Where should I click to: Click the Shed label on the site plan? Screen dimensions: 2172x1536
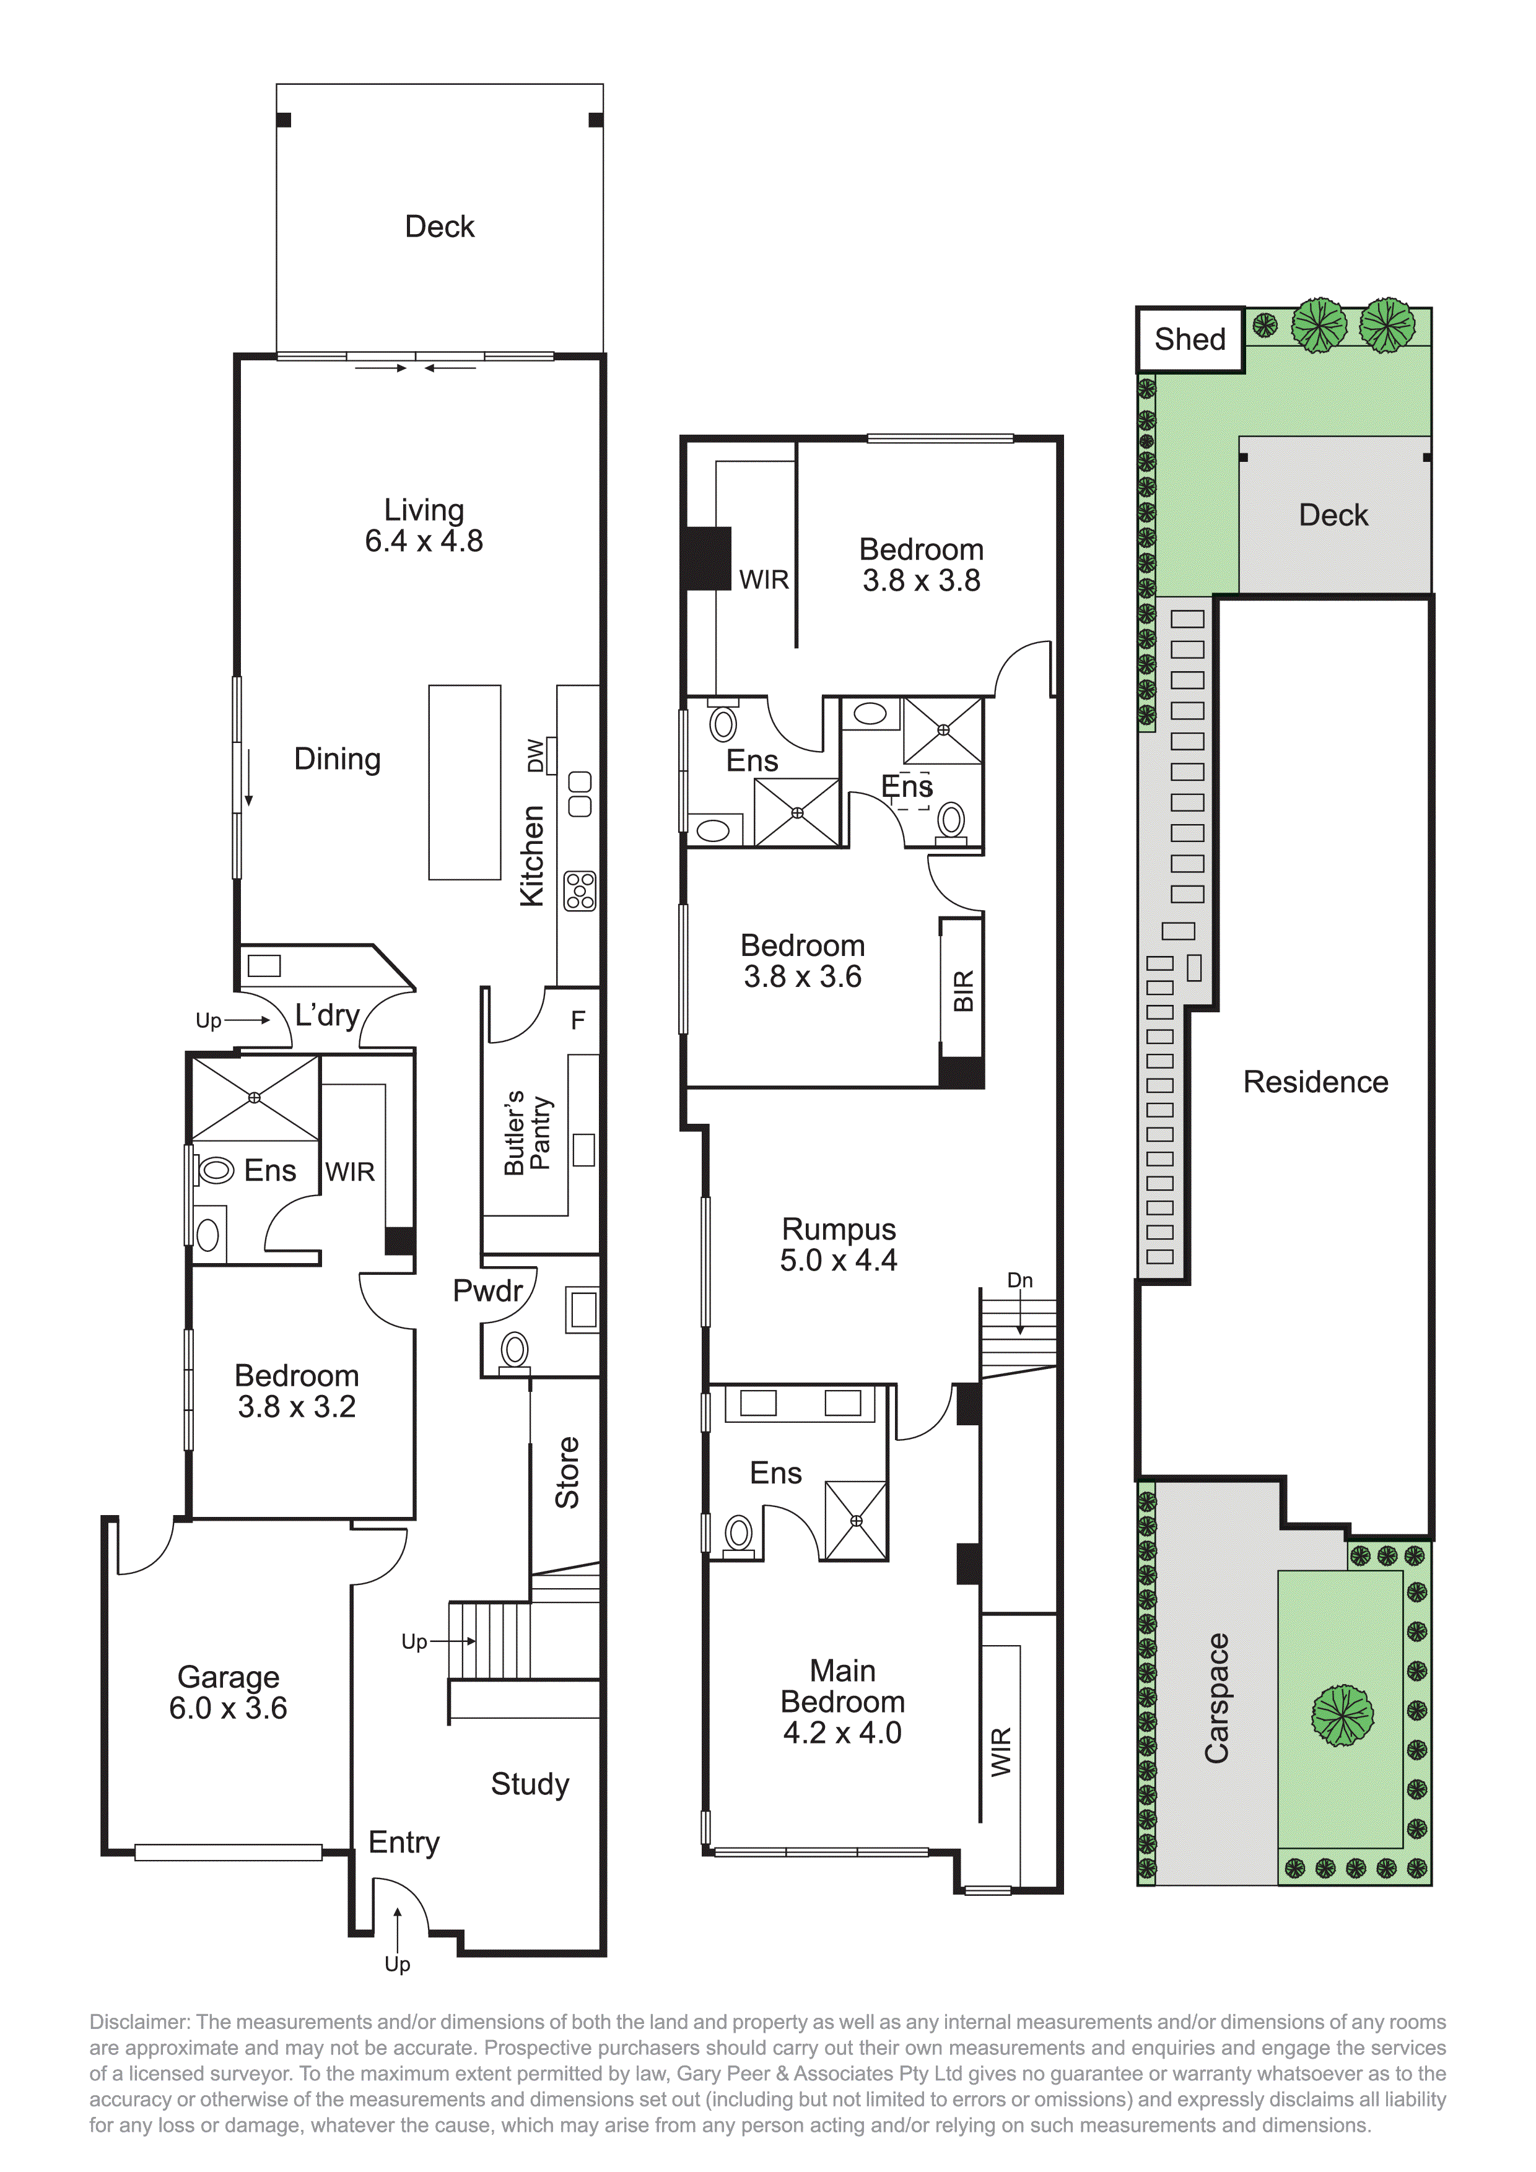click(1190, 340)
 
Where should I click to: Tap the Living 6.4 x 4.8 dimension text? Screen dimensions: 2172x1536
click(424, 541)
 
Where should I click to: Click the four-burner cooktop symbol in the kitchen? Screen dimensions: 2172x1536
click(580, 891)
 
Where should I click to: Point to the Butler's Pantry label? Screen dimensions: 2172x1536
click(527, 1132)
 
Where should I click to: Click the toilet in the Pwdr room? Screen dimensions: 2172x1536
click(515, 1349)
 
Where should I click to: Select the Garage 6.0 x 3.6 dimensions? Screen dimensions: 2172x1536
click(228, 1708)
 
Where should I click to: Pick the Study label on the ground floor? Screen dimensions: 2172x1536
click(530, 1784)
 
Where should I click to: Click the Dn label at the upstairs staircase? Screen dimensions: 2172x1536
click(1019, 1281)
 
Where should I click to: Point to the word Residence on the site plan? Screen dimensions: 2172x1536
click(1316, 1082)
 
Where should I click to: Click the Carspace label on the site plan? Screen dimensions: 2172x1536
click(1216, 1699)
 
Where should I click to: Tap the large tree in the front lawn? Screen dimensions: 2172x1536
click(1342, 1716)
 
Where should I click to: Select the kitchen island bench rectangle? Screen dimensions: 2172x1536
click(465, 783)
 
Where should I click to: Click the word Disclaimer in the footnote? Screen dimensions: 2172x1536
click(139, 2023)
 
